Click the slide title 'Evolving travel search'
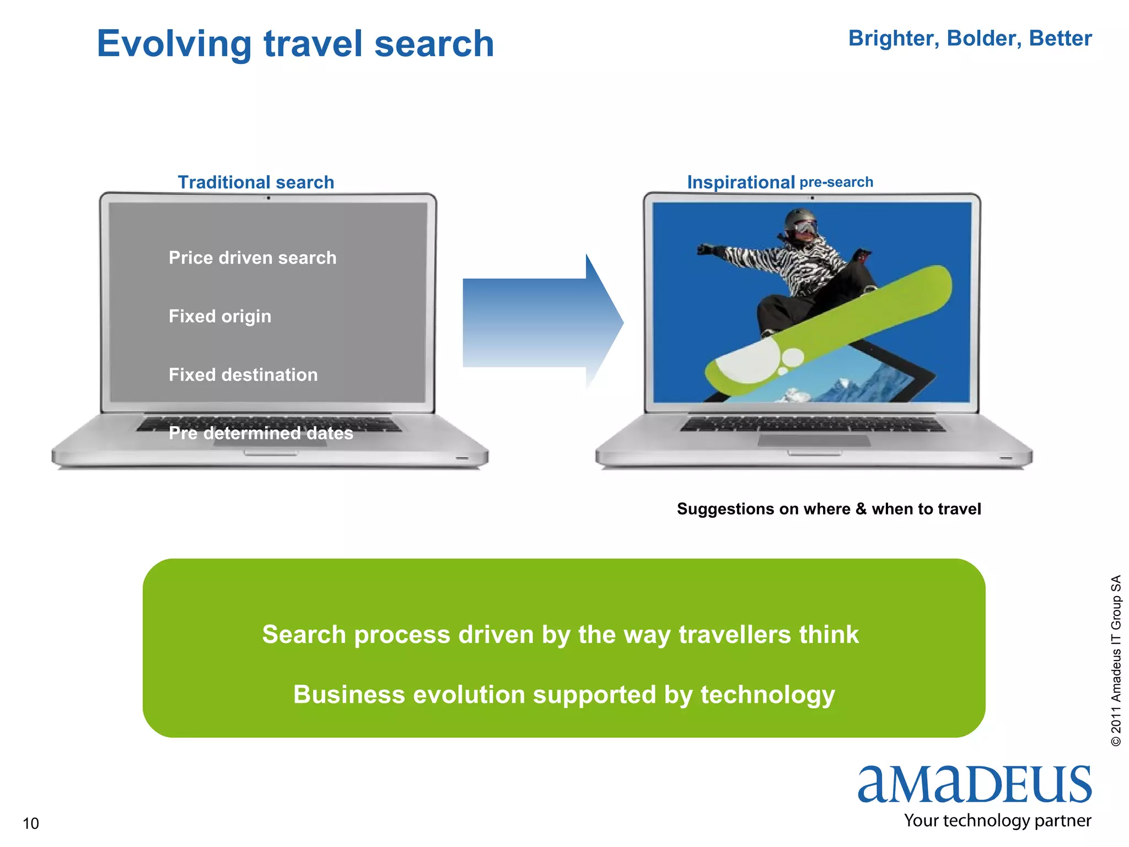295,44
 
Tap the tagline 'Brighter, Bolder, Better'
970,39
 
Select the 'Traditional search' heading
256,183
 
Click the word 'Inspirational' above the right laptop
740,183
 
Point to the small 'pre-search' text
836,182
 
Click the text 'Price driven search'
252,258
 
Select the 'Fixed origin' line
220,317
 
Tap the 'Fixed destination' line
243,375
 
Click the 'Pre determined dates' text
261,433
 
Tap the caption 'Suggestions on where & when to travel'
829,509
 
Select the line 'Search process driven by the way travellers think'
560,635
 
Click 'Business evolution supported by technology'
564,695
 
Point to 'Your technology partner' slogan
997,821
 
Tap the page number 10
31,824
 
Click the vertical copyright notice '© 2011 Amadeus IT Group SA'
1116,661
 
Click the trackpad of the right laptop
814,441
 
